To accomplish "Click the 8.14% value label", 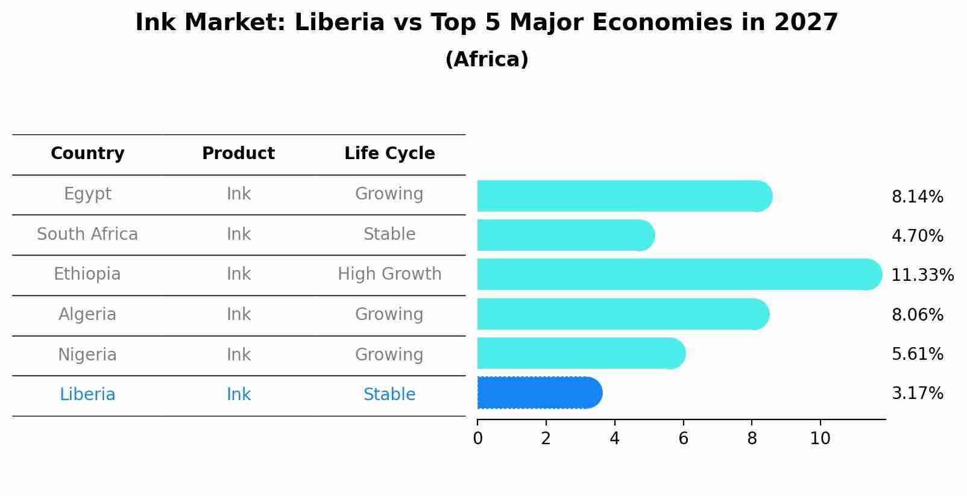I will [x=917, y=197].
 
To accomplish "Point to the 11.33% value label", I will [x=922, y=275].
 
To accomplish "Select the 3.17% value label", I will [x=917, y=394].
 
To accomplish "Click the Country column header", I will [x=87, y=154].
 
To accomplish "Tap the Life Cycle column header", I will [x=389, y=154].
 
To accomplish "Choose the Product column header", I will [x=238, y=154].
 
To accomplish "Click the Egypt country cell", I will [x=87, y=194].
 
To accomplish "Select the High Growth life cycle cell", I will [x=389, y=274].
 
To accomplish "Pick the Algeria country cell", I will [x=87, y=315].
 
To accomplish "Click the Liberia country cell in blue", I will [x=87, y=395].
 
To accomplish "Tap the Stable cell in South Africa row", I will [x=389, y=234].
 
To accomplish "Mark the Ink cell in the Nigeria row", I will [x=239, y=355].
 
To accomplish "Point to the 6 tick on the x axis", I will [x=683, y=439].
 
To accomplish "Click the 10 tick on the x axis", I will [x=820, y=439].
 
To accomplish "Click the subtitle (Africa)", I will [x=487, y=60].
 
